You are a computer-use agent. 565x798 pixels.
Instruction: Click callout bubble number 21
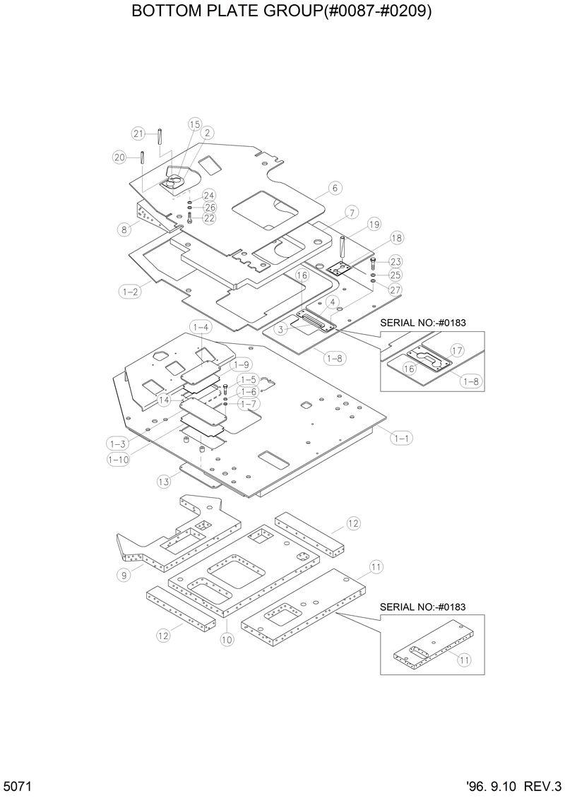tap(138, 133)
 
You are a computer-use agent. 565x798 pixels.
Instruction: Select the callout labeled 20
tap(119, 157)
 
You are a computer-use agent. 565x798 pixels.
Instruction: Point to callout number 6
tap(335, 188)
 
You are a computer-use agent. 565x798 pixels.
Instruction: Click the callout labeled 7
tap(350, 212)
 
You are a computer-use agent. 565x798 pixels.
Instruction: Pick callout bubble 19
tap(374, 225)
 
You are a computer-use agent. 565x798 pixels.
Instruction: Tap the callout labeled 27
tap(395, 289)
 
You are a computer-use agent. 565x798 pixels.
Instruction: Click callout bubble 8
tap(124, 228)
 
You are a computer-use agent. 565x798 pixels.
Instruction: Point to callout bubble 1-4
tap(200, 327)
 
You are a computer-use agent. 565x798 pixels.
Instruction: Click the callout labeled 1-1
tap(401, 438)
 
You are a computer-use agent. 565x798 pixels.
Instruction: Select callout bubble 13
tap(164, 482)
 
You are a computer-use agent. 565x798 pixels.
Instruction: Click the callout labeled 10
tap(227, 641)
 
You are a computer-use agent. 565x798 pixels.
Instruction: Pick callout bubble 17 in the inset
tap(457, 350)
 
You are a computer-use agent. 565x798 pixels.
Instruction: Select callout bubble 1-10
tap(117, 459)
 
